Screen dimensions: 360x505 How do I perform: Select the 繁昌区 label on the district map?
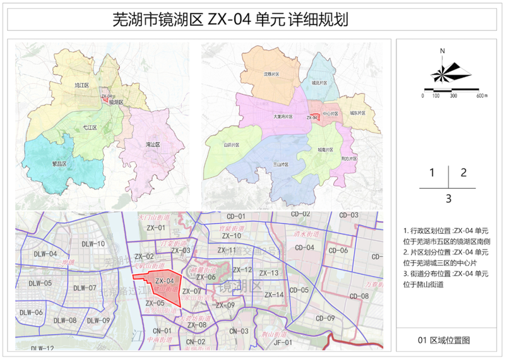pos(59,163)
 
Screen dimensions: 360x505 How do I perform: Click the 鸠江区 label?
pos(81,84)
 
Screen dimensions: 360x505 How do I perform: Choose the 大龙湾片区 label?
pos(283,117)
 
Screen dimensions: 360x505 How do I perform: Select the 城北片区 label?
pos(319,82)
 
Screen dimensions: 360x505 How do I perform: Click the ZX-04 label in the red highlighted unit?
pos(164,281)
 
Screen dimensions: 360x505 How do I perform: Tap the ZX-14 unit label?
pos(274,295)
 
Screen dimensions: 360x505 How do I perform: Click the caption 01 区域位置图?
pos(444,340)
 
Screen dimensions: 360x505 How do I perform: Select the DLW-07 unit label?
pos(84,288)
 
